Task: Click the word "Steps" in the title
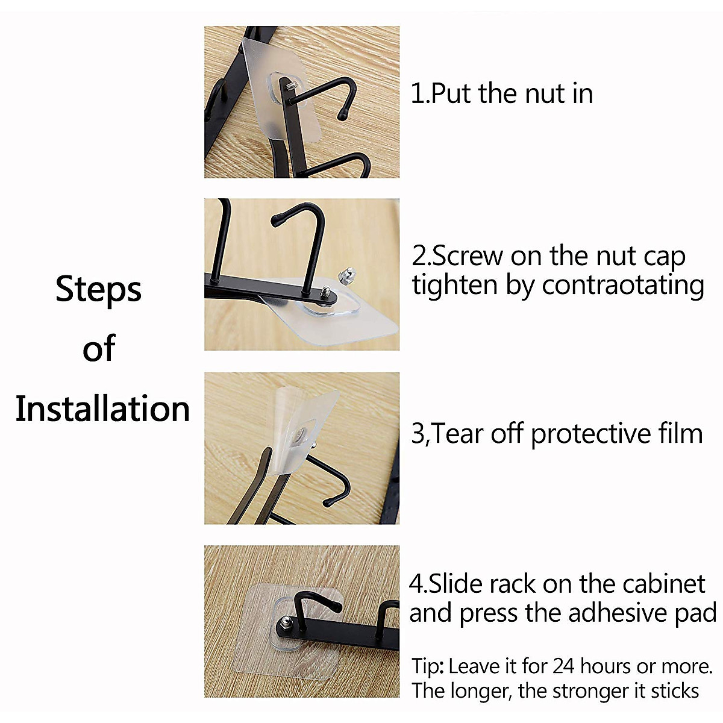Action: [98, 290]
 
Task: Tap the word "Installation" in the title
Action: [102, 409]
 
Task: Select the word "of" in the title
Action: [99, 349]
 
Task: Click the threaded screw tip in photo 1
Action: [290, 88]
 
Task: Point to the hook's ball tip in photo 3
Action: [328, 501]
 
